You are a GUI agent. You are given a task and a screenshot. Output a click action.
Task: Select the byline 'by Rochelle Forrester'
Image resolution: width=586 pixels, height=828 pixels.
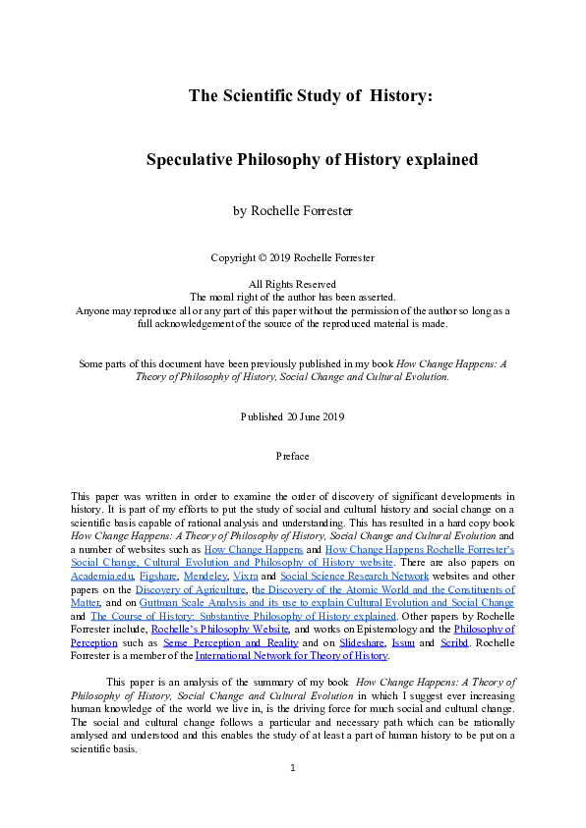[292, 210]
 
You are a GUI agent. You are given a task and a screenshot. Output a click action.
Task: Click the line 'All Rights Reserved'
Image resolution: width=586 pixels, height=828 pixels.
[292, 284]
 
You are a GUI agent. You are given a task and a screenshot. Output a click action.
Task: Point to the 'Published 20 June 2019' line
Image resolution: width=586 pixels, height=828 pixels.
[292, 416]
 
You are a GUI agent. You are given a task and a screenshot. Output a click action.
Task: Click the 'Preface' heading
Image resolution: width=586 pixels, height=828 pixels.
[292, 457]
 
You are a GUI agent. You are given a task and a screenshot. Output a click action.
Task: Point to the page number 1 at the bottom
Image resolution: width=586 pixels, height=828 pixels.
[292, 794]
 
